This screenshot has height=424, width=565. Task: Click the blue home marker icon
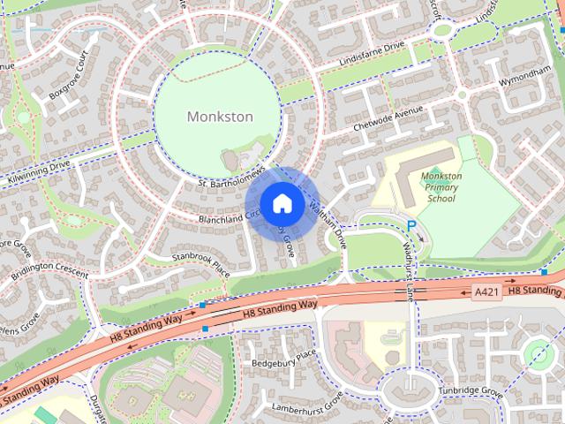[281, 203]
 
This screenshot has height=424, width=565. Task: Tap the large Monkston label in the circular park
[220, 117]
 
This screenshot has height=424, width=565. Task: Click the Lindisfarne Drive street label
[371, 54]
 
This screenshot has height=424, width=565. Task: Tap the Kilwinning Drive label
[35, 166]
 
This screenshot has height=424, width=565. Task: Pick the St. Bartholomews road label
[231, 172]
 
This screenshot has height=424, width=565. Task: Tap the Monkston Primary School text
[441, 187]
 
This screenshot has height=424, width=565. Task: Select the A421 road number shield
[486, 292]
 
